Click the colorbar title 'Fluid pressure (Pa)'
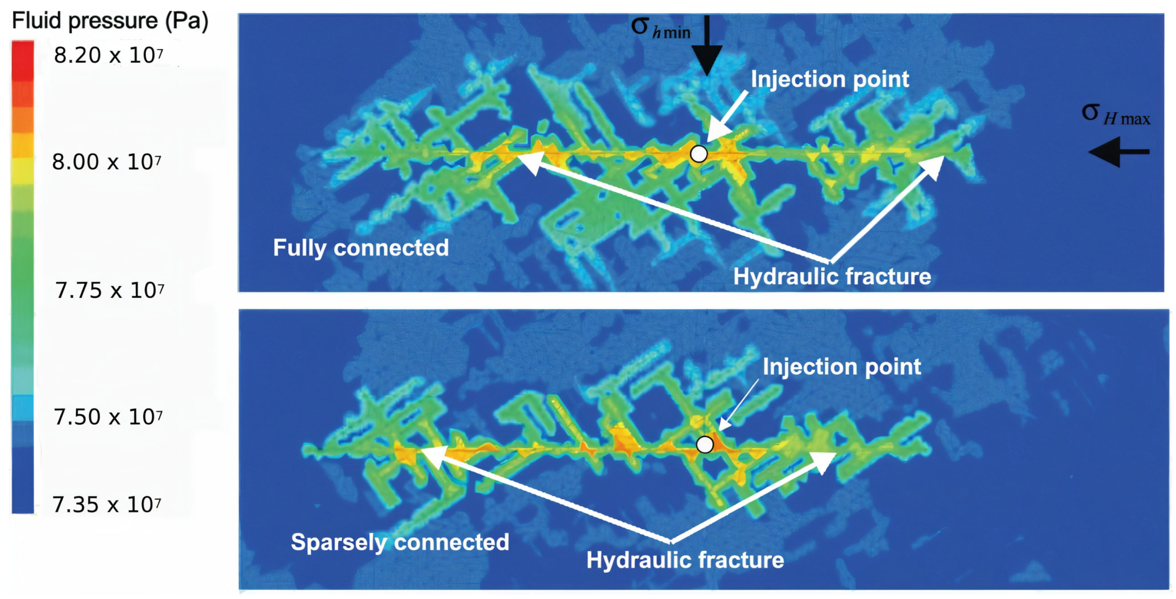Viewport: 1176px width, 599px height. coord(110,21)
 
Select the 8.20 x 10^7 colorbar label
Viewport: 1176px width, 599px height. coord(108,56)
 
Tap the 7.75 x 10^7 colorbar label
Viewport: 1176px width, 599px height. coord(110,290)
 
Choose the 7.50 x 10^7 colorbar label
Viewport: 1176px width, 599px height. coord(108,417)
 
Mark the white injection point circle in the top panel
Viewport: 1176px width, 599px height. coord(698,154)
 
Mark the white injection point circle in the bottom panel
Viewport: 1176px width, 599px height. coord(705,444)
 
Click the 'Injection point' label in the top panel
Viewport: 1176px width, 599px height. coord(830,80)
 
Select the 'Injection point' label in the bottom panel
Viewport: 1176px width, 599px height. coord(842,367)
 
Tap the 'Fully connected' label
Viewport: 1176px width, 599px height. coord(361,248)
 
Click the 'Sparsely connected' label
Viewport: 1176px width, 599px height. coord(400,542)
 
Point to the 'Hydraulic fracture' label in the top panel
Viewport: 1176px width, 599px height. coord(832,277)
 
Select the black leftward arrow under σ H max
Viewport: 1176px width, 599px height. coord(1119,152)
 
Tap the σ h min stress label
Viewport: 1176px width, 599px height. coord(660,28)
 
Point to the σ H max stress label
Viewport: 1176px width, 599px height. coord(1115,114)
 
